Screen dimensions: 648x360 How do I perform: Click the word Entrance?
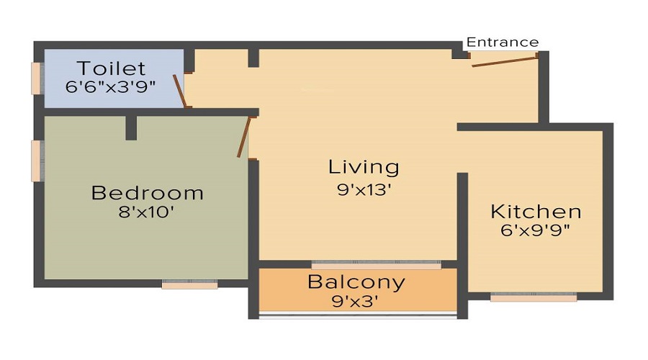503,42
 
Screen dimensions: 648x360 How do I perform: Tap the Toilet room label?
111,68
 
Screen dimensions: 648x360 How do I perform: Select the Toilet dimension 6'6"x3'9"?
110,87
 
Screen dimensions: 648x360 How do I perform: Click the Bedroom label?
147,193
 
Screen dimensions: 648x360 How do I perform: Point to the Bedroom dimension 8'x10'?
146,212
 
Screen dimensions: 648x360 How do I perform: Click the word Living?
364,167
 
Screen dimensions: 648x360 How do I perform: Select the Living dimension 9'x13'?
364,189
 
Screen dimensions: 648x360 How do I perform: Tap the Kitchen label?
536,212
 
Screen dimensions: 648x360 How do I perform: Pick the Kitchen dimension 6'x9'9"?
535,230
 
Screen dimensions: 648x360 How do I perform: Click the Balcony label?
356,282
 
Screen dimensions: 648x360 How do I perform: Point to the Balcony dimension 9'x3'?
356,302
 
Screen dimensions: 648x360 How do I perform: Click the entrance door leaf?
504,62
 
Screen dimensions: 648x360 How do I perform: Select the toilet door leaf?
179,91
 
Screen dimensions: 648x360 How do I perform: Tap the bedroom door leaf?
244,138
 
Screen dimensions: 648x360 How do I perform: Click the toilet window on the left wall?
37,78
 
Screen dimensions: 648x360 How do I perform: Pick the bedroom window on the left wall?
37,161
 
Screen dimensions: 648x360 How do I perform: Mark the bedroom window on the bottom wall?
189,284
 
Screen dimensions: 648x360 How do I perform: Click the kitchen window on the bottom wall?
534,297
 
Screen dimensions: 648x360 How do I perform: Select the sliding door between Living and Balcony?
376,265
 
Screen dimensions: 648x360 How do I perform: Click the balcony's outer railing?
358,316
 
